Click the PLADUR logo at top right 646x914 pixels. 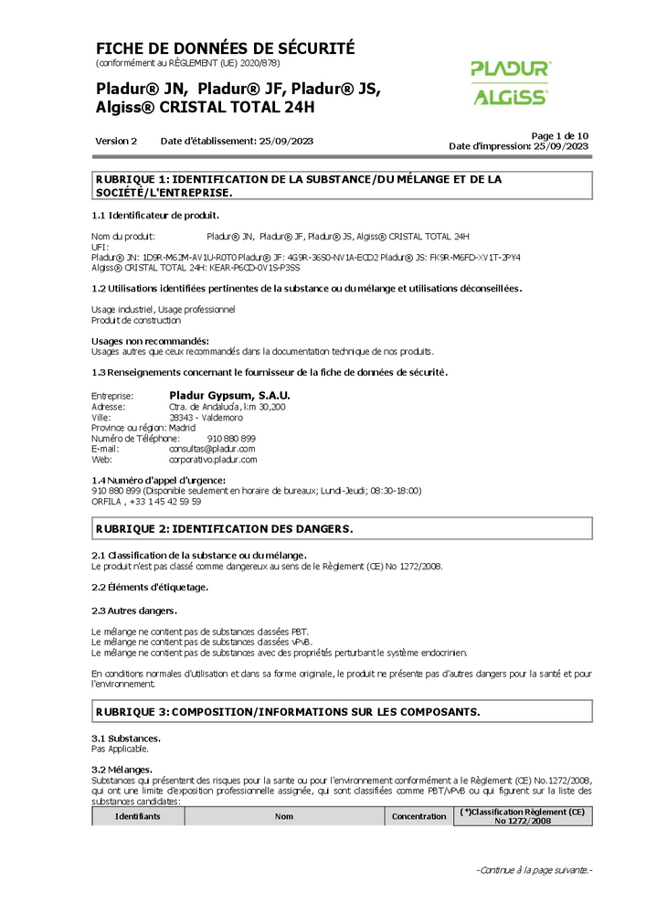[x=511, y=69]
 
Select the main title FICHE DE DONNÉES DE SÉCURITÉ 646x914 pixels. [x=225, y=48]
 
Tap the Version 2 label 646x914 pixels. [x=116, y=142]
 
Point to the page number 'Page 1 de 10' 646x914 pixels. [x=559, y=135]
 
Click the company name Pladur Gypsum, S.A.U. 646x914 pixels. [x=229, y=395]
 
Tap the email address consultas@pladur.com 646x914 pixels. [x=212, y=449]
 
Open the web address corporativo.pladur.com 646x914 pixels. [x=213, y=460]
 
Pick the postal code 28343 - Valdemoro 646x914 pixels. [x=207, y=417]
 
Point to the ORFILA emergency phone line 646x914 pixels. [x=146, y=501]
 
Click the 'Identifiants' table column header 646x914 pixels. [x=137, y=816]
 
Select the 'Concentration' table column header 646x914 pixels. [x=419, y=816]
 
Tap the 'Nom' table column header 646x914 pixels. [x=284, y=816]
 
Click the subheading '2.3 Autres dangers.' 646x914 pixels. [x=134, y=610]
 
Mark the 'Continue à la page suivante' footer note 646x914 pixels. [x=534, y=869]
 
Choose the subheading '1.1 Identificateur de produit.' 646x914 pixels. [x=155, y=216]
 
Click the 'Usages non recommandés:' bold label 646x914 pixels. [x=143, y=341]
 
